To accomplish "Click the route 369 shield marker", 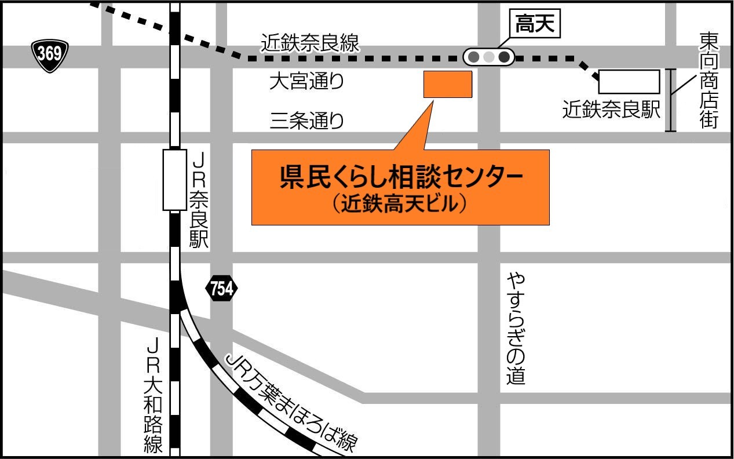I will tap(50, 55).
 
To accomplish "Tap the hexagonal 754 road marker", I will tap(221, 288).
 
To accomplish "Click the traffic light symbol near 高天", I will tap(489, 57).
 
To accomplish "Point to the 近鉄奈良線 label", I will tap(310, 43).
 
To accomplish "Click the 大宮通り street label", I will tap(306, 82).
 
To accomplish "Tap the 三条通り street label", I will tap(306, 121).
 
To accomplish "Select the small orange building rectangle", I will tap(448, 84).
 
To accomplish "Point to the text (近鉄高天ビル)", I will tap(400, 203).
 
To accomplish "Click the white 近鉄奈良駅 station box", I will tap(629, 82).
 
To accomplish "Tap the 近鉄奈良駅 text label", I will tap(611, 110).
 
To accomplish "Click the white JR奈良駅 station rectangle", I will tap(174, 180).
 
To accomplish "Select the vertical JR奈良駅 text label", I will tap(199, 201).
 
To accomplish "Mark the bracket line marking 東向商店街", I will tap(671, 100).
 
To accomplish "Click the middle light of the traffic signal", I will tap(489, 57).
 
